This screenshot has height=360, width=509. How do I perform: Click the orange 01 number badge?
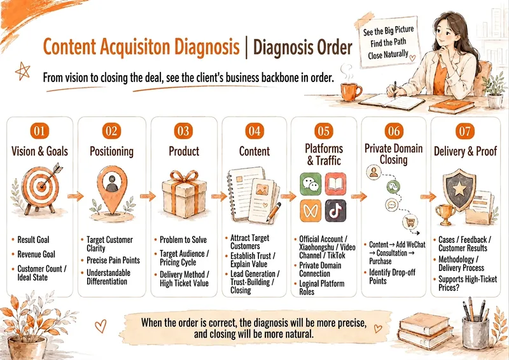tap(39, 131)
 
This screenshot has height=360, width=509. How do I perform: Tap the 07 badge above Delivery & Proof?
tap(465, 131)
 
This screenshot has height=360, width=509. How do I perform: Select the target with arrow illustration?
tap(40, 188)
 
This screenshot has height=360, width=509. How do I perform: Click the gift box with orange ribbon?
tap(184, 193)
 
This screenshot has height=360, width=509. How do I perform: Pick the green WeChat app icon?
tap(310, 184)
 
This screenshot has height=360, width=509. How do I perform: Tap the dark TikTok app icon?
tap(336, 211)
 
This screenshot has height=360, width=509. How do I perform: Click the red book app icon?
tap(336, 184)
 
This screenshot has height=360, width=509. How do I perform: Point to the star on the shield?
tap(459, 189)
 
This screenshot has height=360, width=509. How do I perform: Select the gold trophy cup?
tap(445, 214)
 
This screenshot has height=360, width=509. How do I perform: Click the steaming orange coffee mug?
tap(351, 92)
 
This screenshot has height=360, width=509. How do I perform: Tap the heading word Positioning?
tap(112, 151)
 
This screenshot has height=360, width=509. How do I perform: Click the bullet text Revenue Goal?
tap(36, 254)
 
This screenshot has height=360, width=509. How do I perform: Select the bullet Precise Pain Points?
tap(113, 260)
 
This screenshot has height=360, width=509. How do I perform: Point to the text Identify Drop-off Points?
tap(392, 277)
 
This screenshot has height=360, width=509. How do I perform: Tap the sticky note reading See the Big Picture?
tap(388, 42)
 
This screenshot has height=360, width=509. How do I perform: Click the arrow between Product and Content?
tap(219, 196)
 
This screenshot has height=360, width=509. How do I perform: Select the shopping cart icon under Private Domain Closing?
tap(410, 223)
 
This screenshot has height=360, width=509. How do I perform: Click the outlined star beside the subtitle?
tap(22, 71)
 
